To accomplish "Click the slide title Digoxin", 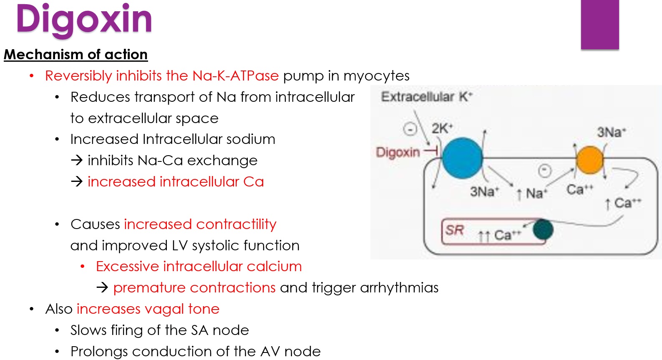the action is [84, 20].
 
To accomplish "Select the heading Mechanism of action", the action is [76, 55].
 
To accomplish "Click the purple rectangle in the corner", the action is [599, 25].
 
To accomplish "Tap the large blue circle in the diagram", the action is [462, 158].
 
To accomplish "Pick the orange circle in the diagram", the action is [589, 160].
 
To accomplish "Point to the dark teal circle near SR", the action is [543, 229].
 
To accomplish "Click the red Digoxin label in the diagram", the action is [398, 152].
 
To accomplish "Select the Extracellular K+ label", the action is [426, 97].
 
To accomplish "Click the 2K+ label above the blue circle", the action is [442, 128].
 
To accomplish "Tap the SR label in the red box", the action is [454, 230].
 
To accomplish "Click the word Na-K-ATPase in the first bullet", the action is [235, 76].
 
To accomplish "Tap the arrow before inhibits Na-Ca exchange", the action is [77, 161].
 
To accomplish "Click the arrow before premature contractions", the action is [102, 288].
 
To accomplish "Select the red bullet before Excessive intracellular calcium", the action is [83, 267].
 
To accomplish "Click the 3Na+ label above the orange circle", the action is [611, 132].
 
